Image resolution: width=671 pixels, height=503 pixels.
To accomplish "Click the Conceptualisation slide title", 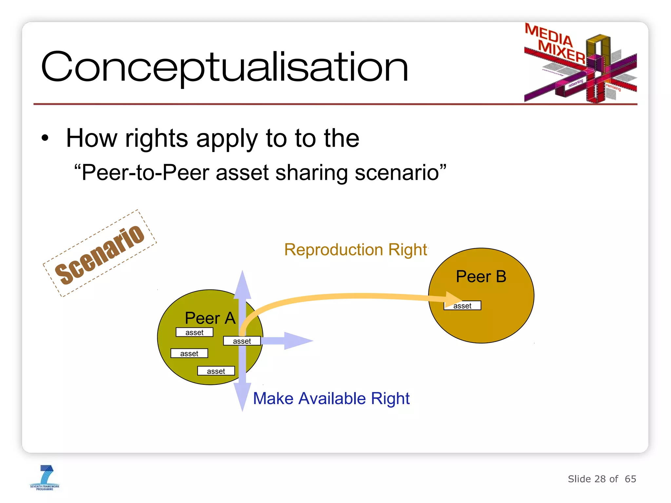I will (225, 67).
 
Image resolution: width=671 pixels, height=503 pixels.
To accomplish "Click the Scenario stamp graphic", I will (100, 254).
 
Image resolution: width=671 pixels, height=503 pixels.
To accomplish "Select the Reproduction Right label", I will (355, 250).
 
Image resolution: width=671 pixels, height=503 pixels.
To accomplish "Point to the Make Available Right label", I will (331, 399).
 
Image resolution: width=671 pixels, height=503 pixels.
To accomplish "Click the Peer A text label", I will (210, 318).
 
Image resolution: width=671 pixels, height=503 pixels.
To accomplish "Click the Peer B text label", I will (481, 276).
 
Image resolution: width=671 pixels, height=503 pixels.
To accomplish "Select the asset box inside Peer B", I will (462, 306).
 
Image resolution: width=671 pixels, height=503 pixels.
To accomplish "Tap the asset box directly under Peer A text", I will (194, 332).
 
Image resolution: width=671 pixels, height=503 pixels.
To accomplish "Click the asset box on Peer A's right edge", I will (242, 341).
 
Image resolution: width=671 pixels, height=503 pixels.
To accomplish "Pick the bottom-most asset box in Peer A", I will (216, 371).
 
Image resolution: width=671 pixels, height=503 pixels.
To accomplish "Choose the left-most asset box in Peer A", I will (189, 353).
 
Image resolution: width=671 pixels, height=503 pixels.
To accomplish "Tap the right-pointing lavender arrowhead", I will (297, 341).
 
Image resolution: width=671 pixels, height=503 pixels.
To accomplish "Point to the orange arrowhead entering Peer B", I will (453, 298).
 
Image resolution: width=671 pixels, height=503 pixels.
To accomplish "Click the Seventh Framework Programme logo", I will (45, 478).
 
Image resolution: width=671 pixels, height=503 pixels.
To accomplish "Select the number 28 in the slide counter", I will (600, 479).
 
